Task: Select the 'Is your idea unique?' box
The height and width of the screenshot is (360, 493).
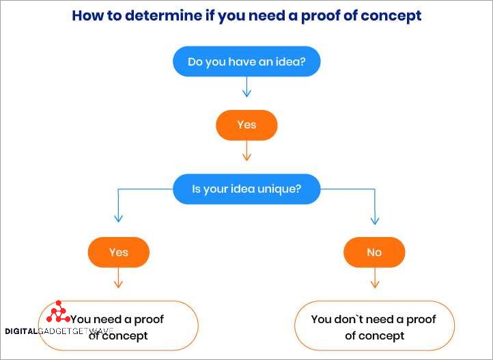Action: click(x=246, y=189)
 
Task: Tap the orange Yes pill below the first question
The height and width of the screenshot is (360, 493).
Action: click(x=246, y=125)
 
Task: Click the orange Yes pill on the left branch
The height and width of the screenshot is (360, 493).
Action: click(x=118, y=252)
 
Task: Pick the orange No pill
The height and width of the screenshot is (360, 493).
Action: click(x=374, y=252)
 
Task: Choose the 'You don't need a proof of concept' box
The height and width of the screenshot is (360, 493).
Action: click(x=374, y=327)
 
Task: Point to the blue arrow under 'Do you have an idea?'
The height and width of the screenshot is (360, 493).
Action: click(x=246, y=87)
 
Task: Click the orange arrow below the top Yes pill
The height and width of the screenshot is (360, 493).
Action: click(x=246, y=152)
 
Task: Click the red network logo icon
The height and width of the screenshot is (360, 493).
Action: click(x=58, y=313)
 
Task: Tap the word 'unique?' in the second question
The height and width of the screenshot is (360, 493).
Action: click(x=277, y=189)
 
